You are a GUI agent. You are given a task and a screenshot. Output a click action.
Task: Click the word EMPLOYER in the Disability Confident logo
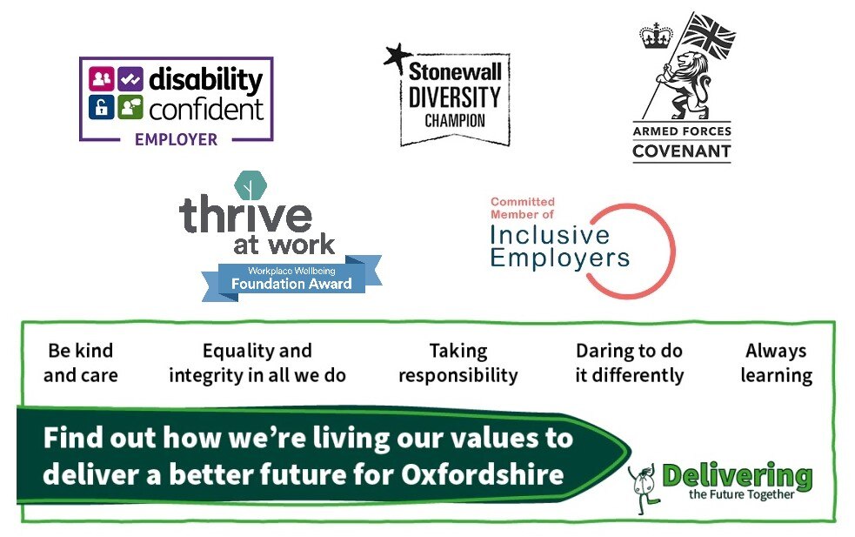[176, 140]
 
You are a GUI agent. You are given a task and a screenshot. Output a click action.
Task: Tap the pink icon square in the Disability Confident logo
[102, 79]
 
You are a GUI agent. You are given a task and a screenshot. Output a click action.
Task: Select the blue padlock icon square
[102, 107]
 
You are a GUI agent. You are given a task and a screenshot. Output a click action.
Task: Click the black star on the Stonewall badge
[397, 57]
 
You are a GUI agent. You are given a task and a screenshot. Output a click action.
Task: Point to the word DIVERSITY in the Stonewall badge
[455, 97]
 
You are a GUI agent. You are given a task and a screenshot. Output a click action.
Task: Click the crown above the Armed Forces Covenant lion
[656, 36]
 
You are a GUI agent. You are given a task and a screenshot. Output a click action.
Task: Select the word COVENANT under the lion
[682, 151]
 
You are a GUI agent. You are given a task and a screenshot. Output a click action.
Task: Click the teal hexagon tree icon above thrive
[250, 185]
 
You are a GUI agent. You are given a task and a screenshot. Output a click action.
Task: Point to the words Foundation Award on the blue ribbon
[291, 284]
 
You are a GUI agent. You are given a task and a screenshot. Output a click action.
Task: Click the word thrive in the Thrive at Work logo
[245, 214]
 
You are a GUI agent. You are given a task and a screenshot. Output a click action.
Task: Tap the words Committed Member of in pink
[523, 208]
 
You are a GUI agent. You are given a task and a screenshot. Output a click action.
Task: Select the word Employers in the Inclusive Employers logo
[560, 258]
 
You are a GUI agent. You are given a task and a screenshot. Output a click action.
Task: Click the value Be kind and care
[81, 363]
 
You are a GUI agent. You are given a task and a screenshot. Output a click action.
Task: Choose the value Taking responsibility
[458, 363]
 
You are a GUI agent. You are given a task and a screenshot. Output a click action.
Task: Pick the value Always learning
[777, 363]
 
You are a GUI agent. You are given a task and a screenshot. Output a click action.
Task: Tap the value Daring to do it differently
[629, 363]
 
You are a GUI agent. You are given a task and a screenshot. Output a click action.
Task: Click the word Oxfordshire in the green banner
[483, 474]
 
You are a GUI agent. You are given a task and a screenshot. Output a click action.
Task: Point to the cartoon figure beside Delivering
[644, 488]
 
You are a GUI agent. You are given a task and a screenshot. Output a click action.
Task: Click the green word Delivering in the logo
[737, 476]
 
